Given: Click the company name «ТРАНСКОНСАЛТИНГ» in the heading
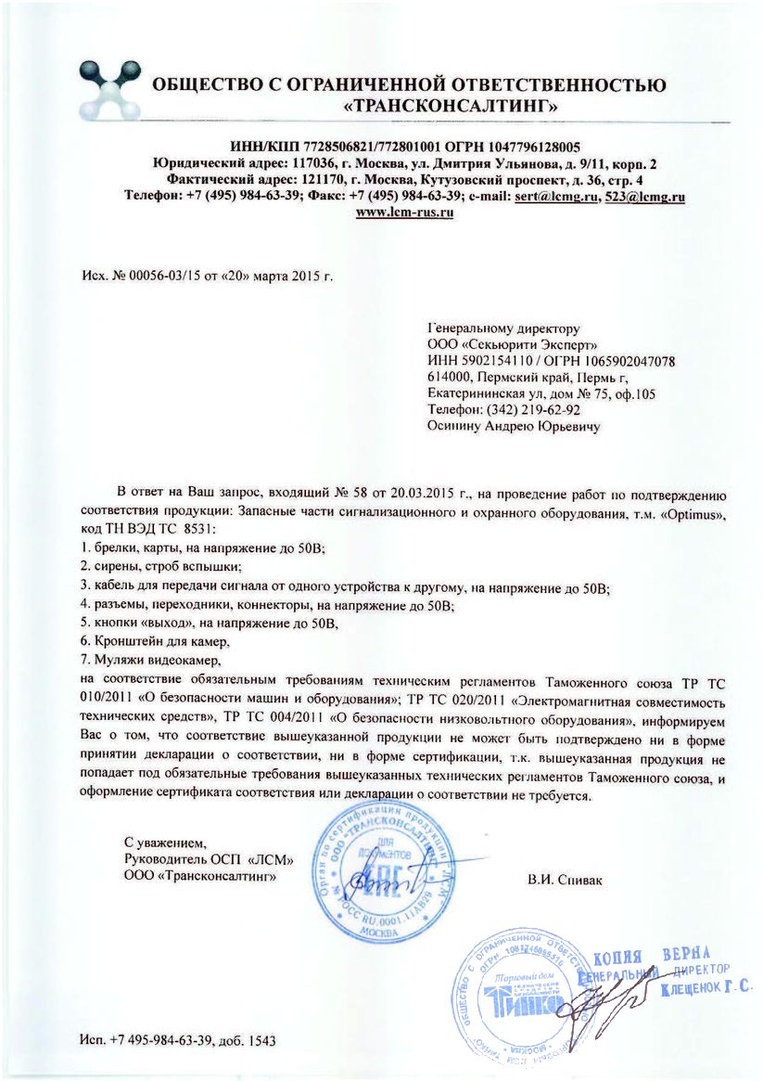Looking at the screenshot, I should (451, 108).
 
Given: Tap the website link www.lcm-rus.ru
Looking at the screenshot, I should (404, 212).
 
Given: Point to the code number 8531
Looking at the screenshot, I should (196, 528).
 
